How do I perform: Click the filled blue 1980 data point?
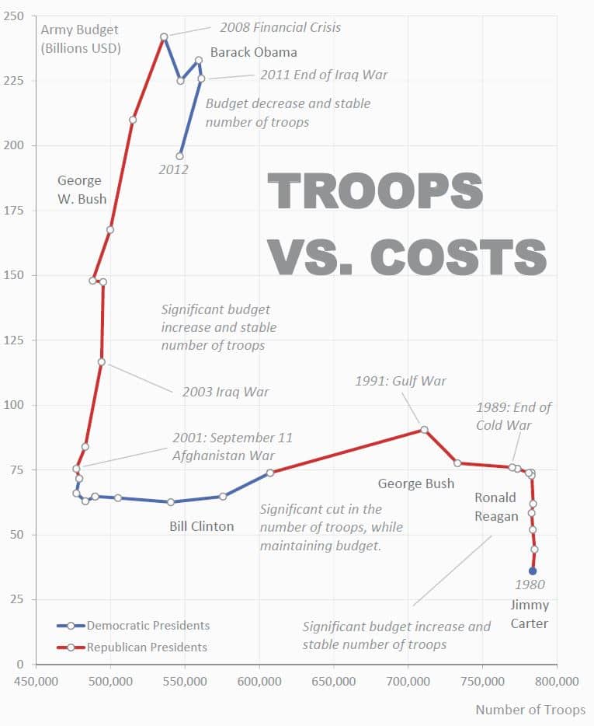point(533,571)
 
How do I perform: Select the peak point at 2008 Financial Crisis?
point(164,37)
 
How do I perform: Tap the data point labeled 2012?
point(180,156)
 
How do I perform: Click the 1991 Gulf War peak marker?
point(424,429)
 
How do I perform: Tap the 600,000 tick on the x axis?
point(259,682)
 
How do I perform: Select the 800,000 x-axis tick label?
point(557,682)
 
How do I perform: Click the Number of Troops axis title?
point(530,709)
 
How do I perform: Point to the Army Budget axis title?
point(80,38)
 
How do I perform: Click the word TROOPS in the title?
point(375,191)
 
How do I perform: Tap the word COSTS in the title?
point(458,257)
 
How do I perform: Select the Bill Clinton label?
point(202,526)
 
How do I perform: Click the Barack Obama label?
point(254,53)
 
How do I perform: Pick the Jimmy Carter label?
point(530,614)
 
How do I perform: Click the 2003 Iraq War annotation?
point(225,392)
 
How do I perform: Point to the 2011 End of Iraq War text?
point(324,75)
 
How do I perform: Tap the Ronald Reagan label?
point(496,507)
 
